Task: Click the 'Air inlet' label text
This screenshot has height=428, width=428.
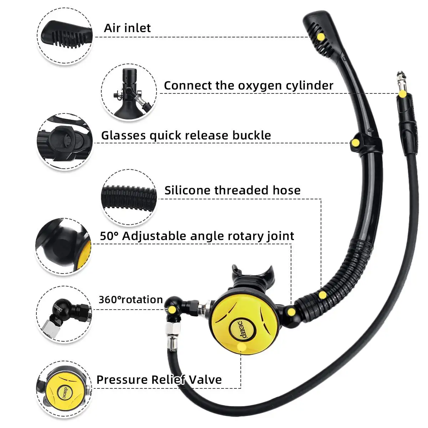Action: point(127,28)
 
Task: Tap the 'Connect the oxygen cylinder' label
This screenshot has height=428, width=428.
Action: point(248,86)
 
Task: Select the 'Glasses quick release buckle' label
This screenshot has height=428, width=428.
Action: point(186,136)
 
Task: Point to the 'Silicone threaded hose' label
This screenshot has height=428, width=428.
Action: point(232,190)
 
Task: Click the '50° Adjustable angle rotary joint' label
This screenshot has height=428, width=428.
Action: point(197,236)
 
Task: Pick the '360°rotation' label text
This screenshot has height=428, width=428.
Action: point(131,300)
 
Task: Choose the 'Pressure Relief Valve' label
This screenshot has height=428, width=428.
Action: point(159,379)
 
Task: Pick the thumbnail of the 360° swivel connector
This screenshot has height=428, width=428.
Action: point(64,314)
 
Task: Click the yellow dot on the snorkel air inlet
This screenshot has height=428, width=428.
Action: point(321,37)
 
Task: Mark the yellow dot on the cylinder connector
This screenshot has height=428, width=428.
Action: point(402,94)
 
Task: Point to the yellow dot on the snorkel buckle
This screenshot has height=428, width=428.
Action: point(355,143)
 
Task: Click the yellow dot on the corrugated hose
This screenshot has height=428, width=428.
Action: point(322,295)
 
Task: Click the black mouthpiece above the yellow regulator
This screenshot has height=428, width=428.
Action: point(253,275)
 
